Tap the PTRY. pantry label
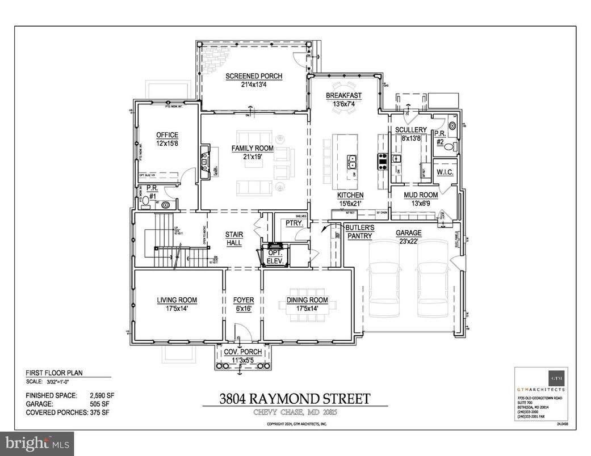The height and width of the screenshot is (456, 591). click(x=294, y=224)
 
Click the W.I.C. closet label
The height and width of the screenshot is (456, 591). click(x=443, y=171)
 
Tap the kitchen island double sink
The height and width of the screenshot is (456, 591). click(x=352, y=162)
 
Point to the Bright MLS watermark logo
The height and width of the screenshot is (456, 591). click(x=37, y=441)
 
